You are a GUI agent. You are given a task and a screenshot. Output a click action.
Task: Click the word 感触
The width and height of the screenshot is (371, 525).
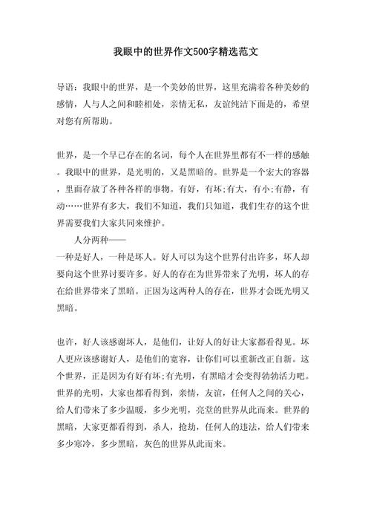tap(301, 155)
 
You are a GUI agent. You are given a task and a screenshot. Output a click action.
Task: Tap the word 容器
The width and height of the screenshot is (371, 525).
tap(301, 172)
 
